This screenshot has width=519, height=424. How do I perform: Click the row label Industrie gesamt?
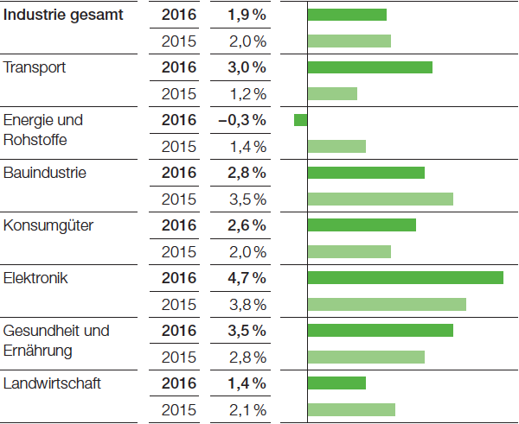pos(63,15)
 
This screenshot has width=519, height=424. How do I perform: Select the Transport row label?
pos(35,67)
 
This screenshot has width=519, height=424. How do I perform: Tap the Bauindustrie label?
pos(45,173)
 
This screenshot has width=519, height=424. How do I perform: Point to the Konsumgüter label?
pos(48,225)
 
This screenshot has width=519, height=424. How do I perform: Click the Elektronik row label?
pos(36,278)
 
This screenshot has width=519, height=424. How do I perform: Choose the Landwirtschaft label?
pos(52,383)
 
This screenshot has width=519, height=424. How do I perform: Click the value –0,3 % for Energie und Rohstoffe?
pos(242,120)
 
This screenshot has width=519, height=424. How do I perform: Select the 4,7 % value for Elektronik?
pos(247,278)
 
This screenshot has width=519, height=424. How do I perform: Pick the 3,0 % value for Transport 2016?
pos(247,67)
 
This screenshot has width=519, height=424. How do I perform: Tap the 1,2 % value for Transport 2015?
pos(247,93)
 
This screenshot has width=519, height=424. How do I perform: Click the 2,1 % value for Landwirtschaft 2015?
pos(247,409)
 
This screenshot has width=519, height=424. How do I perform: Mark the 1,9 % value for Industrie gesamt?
pos(247,15)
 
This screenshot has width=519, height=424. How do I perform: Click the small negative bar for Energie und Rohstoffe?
pos(300,120)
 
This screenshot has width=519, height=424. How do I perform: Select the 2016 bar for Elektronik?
pos(405,277)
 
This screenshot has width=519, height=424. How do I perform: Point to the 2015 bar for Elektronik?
pos(387,304)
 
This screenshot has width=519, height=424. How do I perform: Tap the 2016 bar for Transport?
pos(369,67)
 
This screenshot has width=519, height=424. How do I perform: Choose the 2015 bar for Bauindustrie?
pos(380,199)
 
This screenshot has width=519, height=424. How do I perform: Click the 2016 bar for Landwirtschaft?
pos(336,383)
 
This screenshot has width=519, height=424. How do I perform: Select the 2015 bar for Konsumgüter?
pos(349,251)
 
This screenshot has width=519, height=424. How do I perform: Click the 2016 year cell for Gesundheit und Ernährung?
pos(179,331)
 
